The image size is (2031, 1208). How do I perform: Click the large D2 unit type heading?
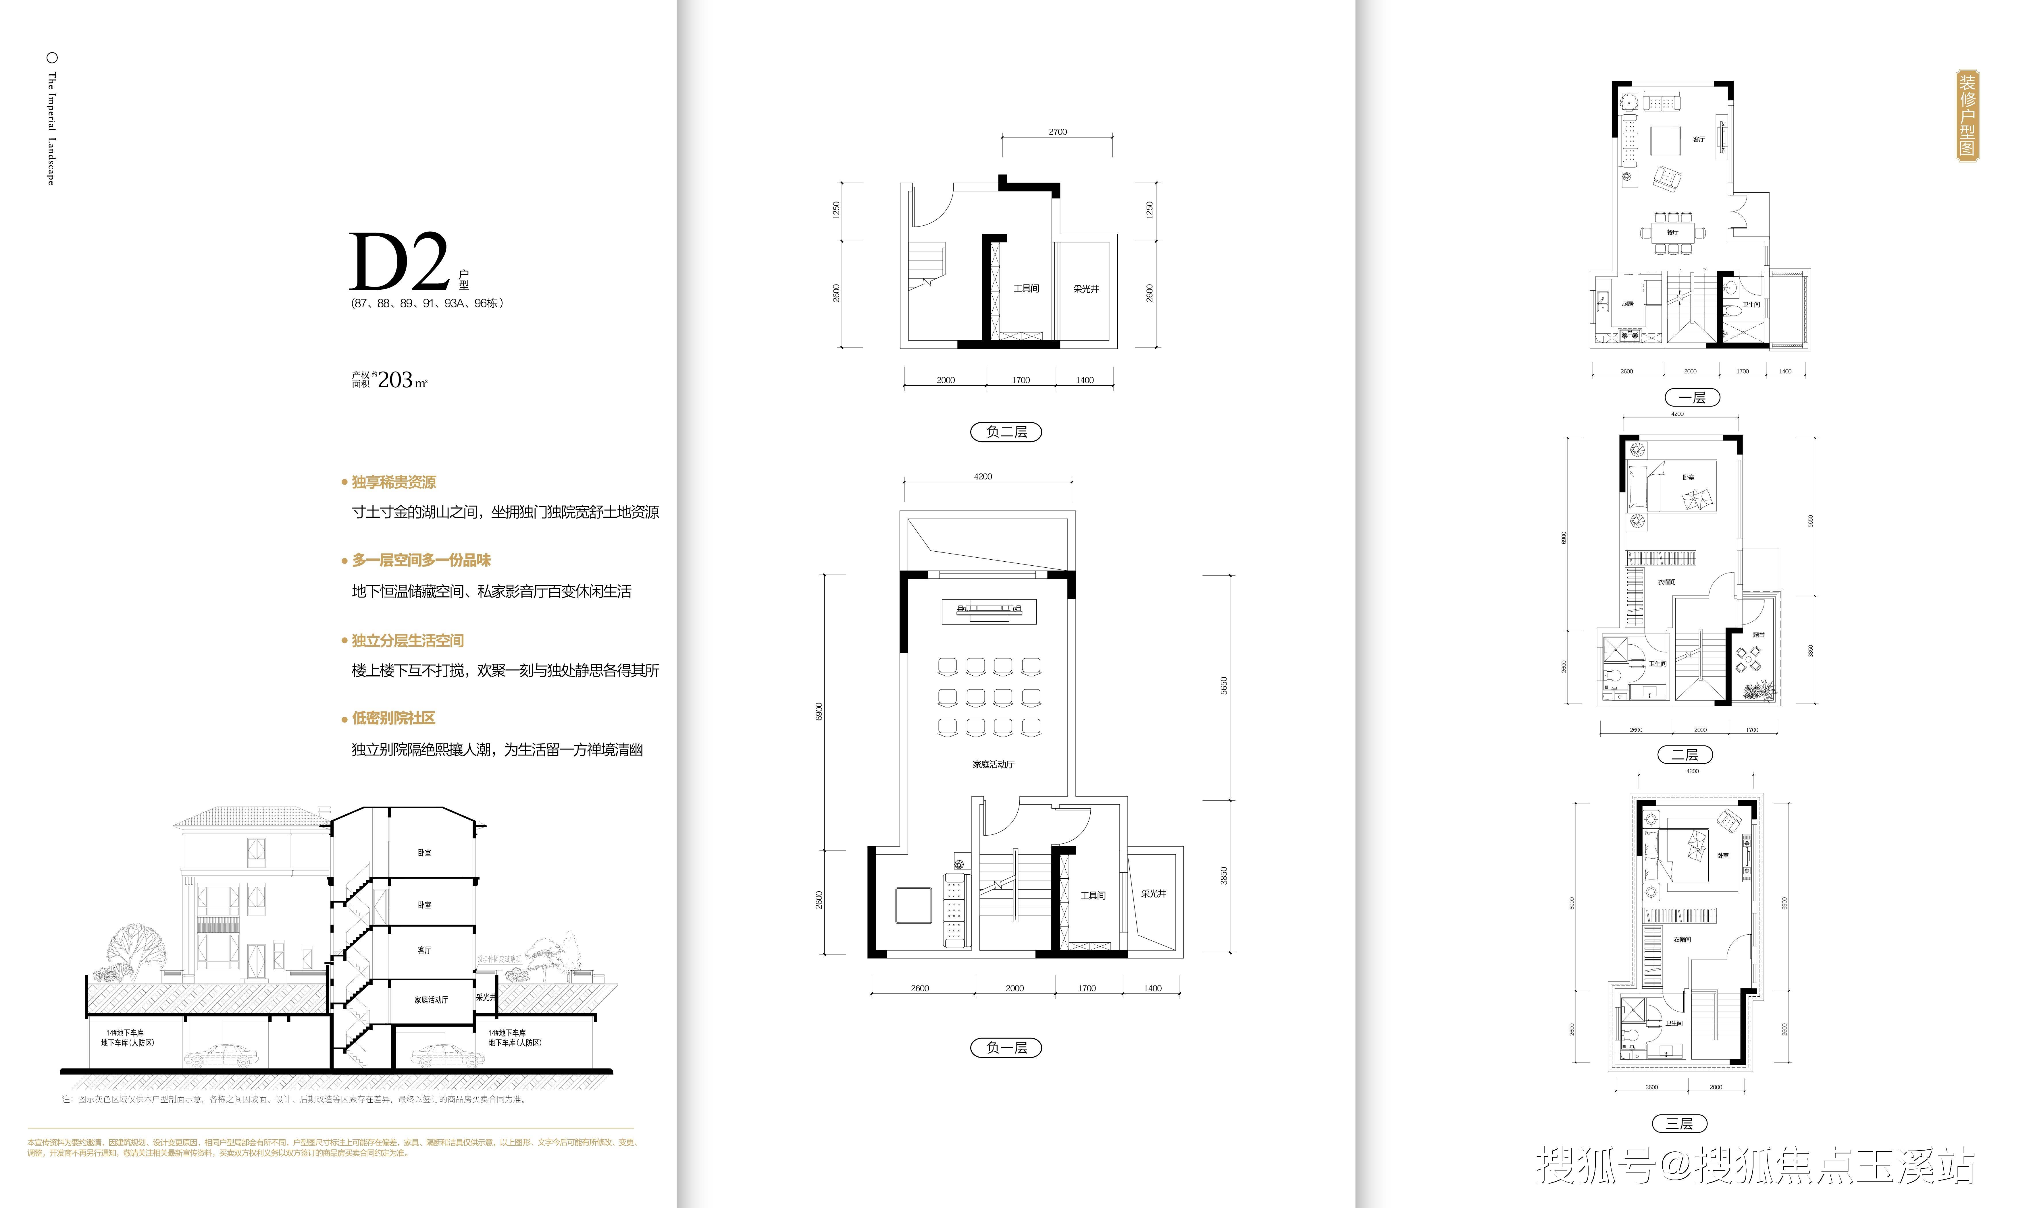pos(399,262)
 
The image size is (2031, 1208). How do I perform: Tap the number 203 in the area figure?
pos(395,380)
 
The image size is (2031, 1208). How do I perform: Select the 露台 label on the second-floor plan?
pos(1758,634)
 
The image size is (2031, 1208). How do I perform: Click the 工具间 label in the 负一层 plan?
pos(1093,895)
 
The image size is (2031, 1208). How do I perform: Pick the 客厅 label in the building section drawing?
pos(424,950)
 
